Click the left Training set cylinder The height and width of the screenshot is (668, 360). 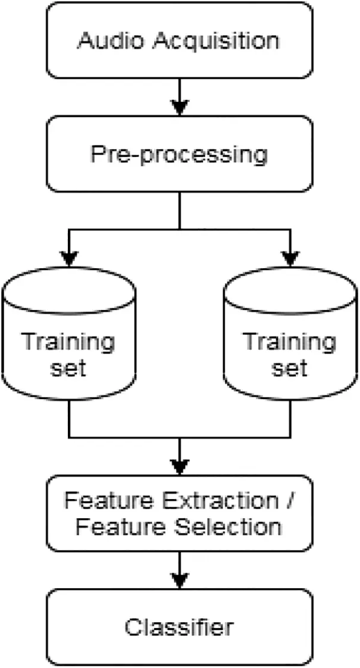pos(69,333)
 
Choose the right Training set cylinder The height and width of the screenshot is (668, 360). pos(290,333)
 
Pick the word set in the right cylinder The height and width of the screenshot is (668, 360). pos(290,368)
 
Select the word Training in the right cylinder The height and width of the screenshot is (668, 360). pos(290,342)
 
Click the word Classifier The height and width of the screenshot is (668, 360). pos(179,626)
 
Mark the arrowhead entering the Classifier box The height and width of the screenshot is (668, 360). pos(180,580)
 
